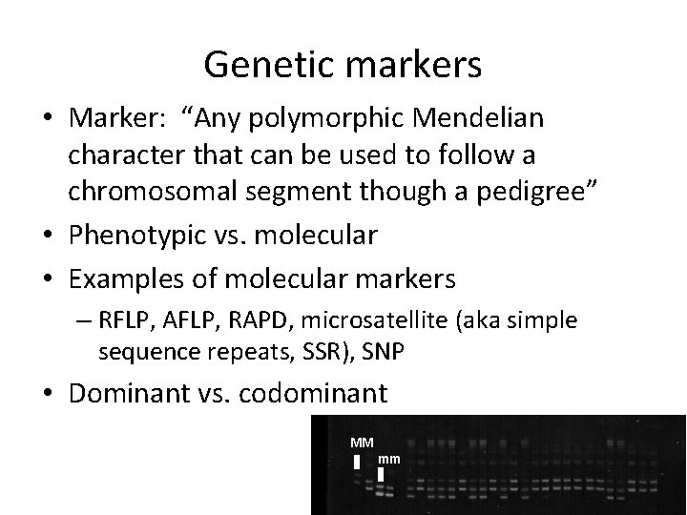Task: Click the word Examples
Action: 127,279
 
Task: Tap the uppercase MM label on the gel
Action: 362,443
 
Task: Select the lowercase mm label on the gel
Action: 389,460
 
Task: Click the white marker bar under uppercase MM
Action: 357,462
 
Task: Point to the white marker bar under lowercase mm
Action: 381,475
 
